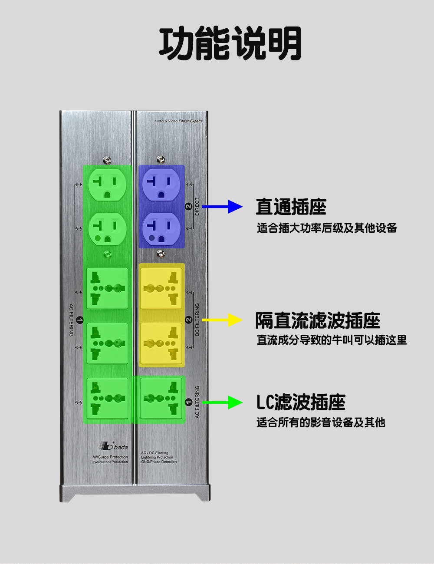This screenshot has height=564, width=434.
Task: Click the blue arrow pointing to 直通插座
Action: pos(222,207)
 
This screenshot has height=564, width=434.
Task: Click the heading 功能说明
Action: pos(230,43)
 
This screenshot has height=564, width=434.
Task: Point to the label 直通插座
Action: pos(291,207)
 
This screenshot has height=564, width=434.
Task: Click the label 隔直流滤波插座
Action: pos(318,321)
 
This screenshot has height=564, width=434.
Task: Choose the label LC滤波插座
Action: pos(301,402)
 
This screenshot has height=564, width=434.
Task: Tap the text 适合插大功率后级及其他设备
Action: pos(327,228)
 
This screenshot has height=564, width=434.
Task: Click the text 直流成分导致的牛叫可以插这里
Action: pos(332,340)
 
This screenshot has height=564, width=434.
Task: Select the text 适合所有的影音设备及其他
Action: pos(321,422)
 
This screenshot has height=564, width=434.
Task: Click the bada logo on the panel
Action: pos(114,446)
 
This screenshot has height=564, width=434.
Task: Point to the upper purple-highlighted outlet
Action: pos(161,184)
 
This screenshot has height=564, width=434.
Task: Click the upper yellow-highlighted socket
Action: pos(161,288)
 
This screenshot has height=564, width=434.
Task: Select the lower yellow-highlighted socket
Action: pos(161,343)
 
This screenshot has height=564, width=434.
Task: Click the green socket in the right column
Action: pos(161,398)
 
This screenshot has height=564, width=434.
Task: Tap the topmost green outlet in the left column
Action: pos(107,184)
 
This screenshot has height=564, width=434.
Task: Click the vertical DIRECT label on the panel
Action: pos(197,207)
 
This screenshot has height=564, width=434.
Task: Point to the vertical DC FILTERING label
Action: pos(197,320)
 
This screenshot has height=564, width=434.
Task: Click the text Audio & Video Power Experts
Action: pos(178,121)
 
